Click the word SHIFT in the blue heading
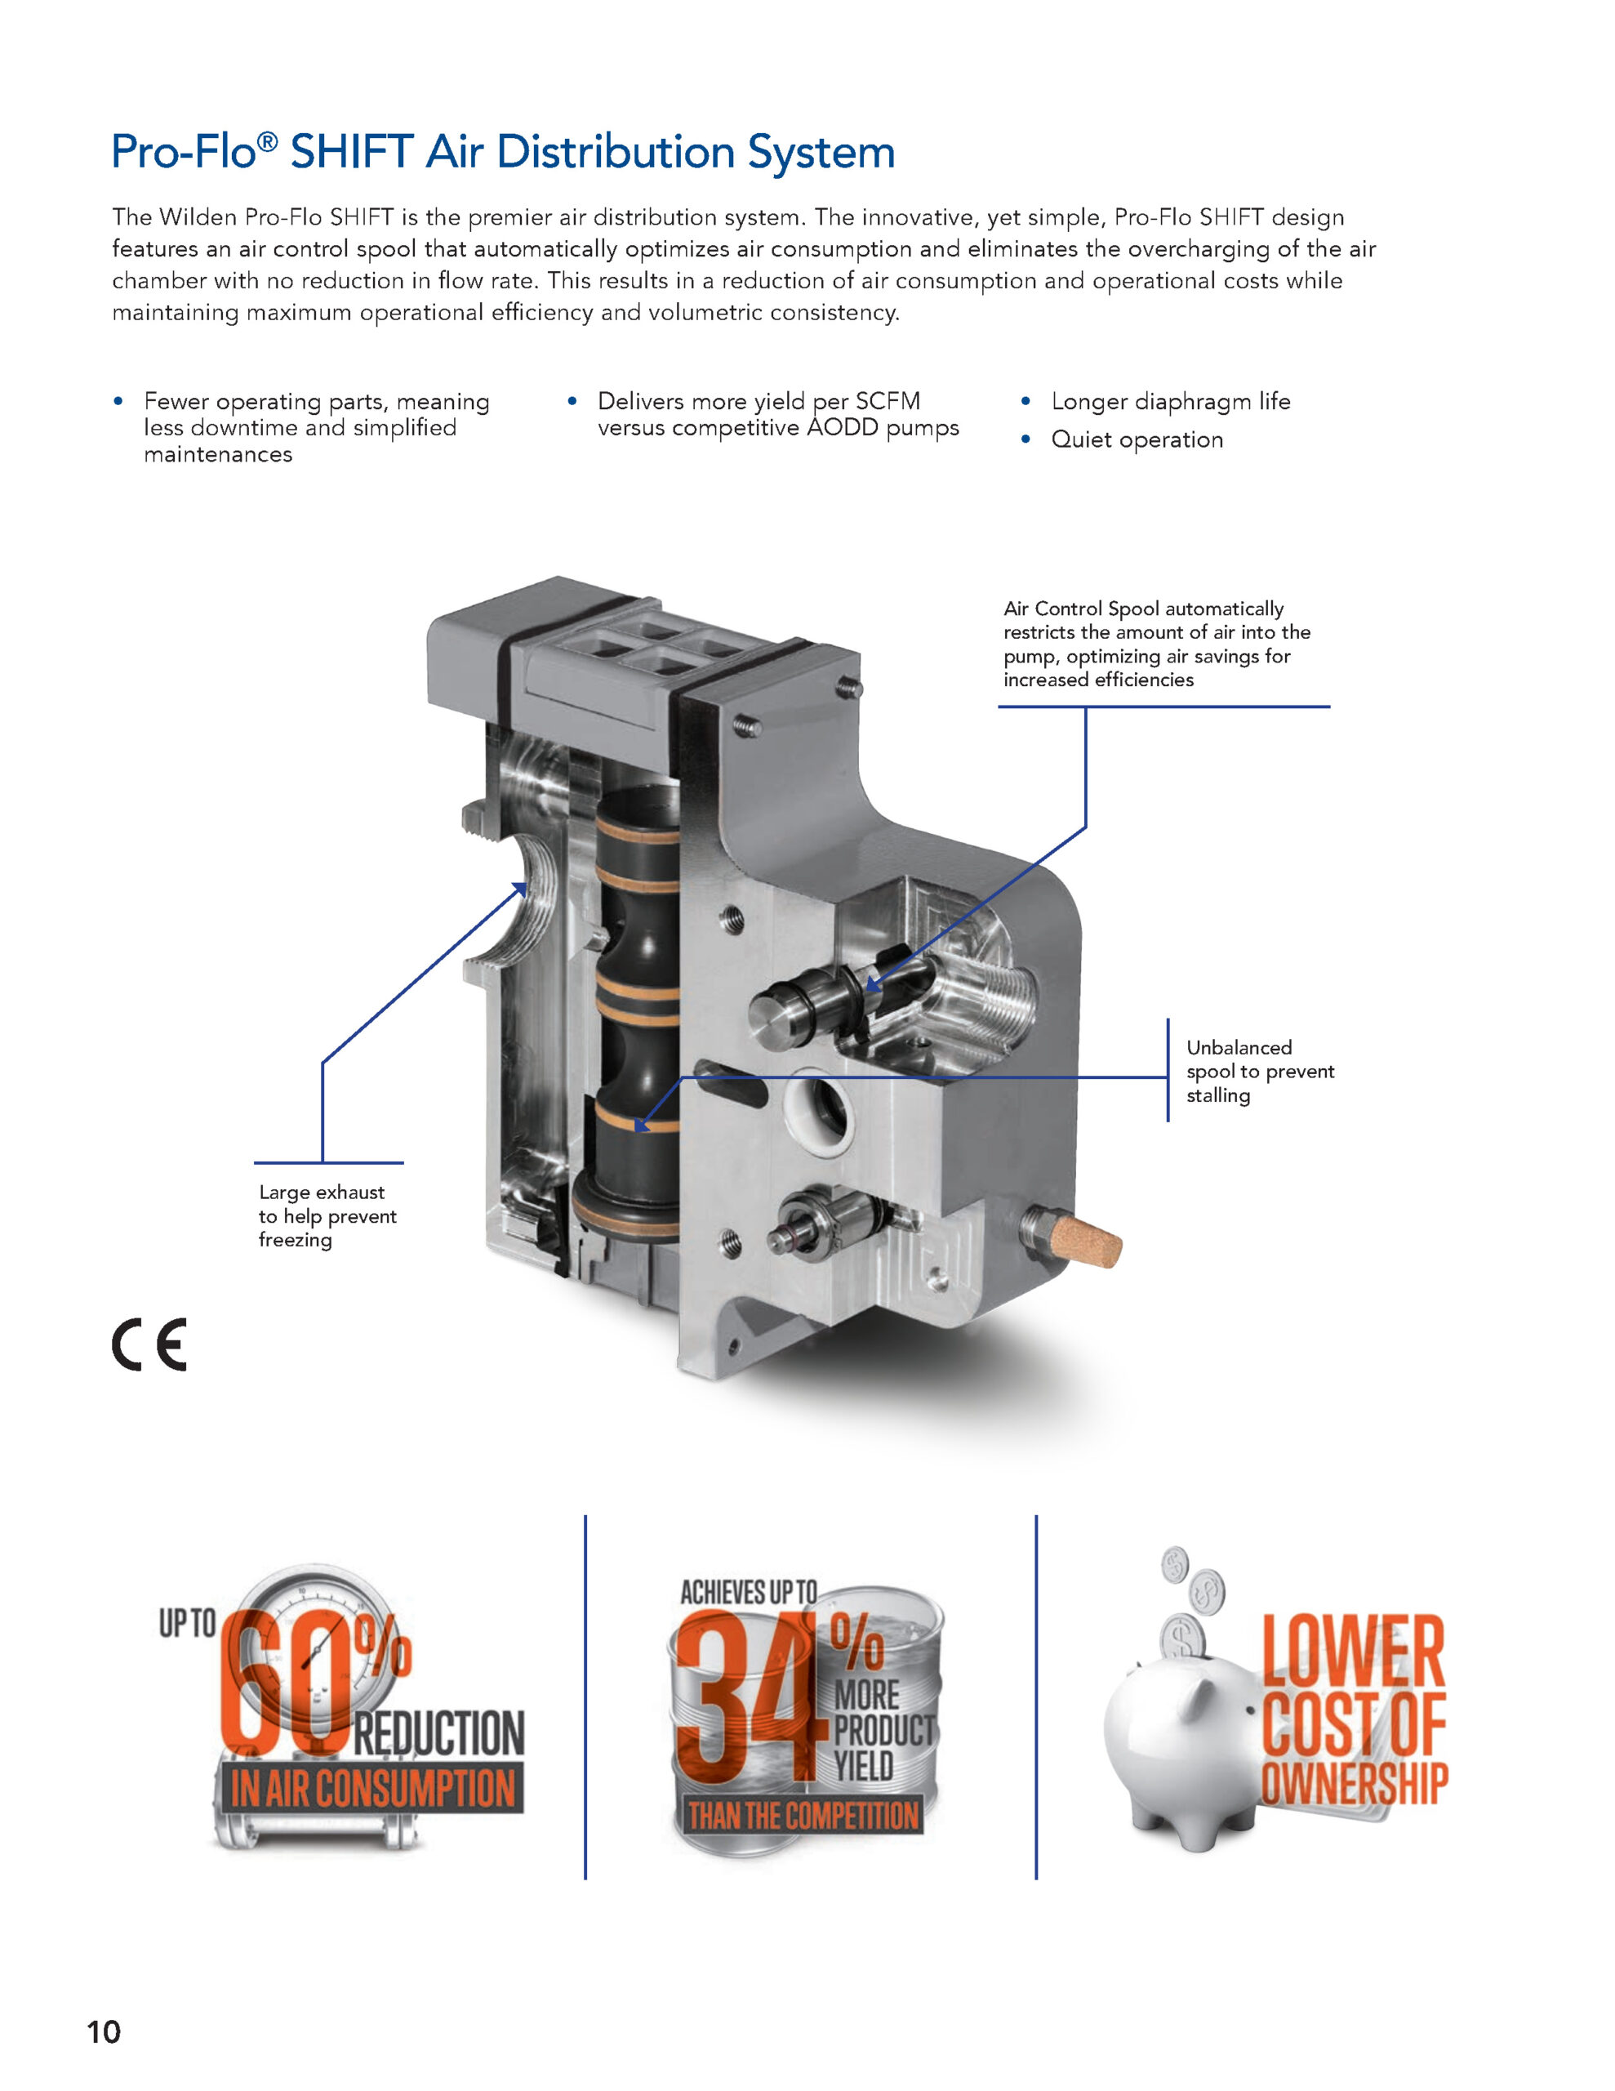(351, 152)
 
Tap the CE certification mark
(149, 1344)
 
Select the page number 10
(104, 2031)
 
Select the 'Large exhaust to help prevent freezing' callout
(327, 1216)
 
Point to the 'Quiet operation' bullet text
(1137, 439)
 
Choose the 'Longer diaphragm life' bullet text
(1171, 401)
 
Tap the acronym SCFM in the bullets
(888, 401)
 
